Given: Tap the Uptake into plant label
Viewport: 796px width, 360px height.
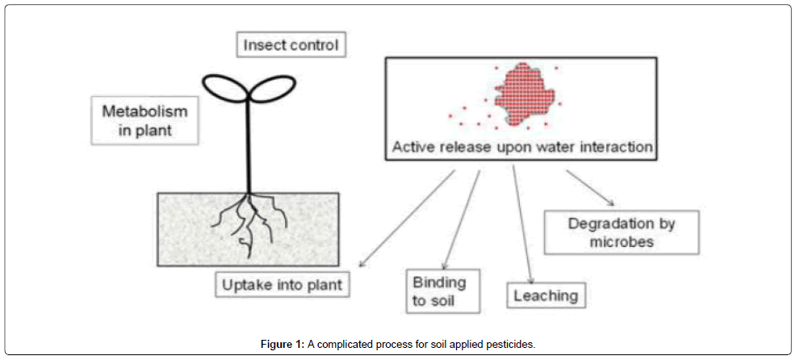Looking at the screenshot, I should (x=282, y=284).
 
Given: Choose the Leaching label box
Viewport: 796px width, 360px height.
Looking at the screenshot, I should (x=546, y=296).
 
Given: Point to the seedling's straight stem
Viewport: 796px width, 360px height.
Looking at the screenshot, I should (x=248, y=145).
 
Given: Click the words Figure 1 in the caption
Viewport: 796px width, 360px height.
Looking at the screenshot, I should (x=281, y=344).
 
